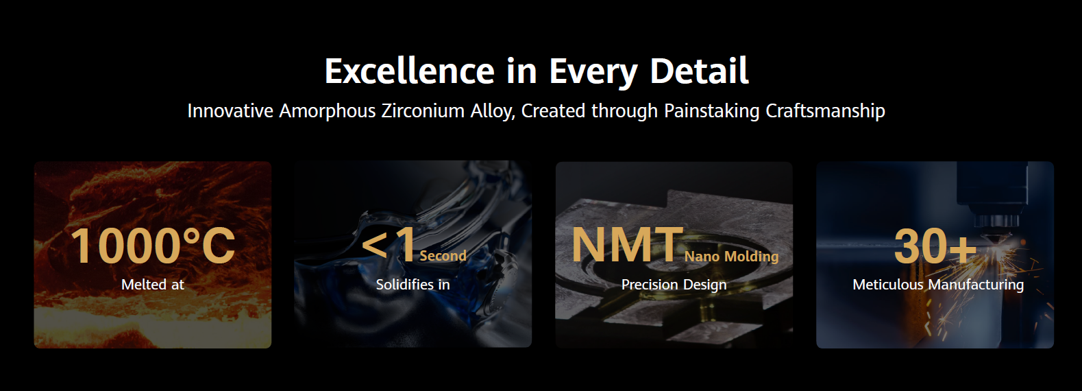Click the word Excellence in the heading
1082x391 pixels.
pyautogui.click(x=410, y=71)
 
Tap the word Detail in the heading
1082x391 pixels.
pyautogui.click(x=699, y=71)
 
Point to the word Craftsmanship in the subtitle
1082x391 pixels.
pyautogui.click(x=826, y=110)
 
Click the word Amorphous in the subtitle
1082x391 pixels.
pyautogui.click(x=328, y=111)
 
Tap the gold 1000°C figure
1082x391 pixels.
pyautogui.click(x=153, y=246)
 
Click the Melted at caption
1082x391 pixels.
pyautogui.click(x=153, y=284)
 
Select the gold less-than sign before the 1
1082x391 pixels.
pyautogui.click(x=374, y=245)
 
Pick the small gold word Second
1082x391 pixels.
pyautogui.click(x=443, y=256)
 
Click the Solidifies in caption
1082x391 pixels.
pyautogui.click(x=413, y=284)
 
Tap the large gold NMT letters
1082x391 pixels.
pyautogui.click(x=627, y=245)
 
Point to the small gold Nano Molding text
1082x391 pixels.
pyautogui.click(x=731, y=256)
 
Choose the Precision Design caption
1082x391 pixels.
pyautogui.click(x=674, y=285)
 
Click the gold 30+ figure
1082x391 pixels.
pyautogui.click(x=935, y=246)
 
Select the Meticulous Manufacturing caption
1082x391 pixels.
pyautogui.click(x=938, y=285)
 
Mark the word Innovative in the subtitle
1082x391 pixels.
pyautogui.click(x=230, y=110)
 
